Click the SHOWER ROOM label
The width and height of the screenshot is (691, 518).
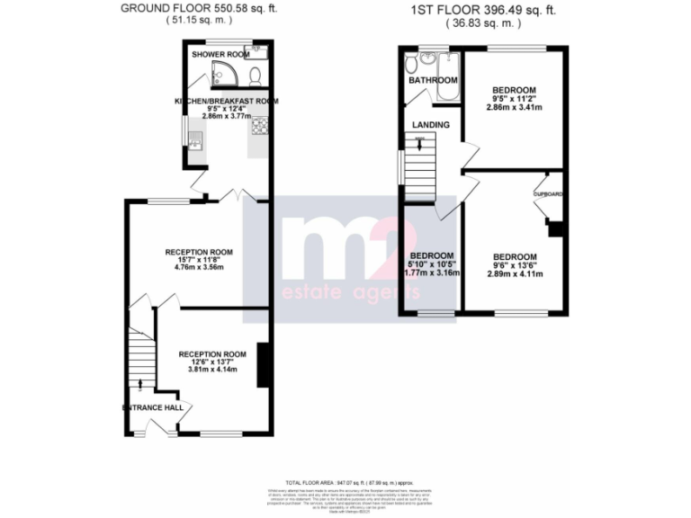pyautogui.click(x=220, y=55)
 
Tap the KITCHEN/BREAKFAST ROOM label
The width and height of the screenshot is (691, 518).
pyautogui.click(x=226, y=100)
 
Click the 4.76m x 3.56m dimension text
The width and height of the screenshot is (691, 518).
pyautogui.click(x=199, y=267)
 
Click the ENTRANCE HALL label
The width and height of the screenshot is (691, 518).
pyautogui.click(x=153, y=407)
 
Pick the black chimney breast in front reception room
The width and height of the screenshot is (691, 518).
pyautogui.click(x=262, y=363)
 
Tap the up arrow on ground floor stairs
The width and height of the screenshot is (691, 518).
pyautogui.click(x=141, y=385)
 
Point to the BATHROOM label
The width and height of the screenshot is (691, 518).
pyautogui.click(x=433, y=81)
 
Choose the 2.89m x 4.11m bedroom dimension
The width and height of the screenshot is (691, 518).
pyautogui.click(x=514, y=272)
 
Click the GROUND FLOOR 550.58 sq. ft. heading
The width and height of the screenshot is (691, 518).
pyautogui.click(x=198, y=9)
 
